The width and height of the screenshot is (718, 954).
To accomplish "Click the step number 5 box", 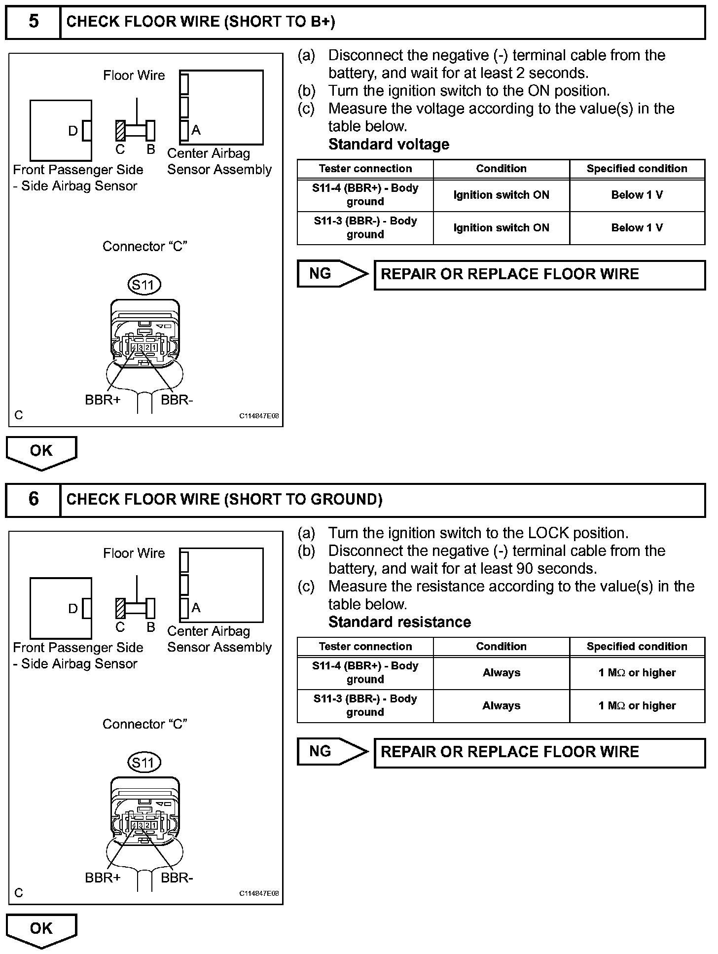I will [33, 22].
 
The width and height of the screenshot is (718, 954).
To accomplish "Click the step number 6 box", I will [33, 500].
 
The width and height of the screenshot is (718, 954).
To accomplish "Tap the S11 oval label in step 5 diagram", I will [144, 285].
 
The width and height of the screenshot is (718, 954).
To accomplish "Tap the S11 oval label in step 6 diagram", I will [144, 763].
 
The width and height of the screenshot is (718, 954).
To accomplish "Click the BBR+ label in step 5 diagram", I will [103, 400].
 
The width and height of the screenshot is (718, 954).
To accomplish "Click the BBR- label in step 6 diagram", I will [177, 878].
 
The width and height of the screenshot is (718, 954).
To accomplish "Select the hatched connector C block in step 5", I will [120, 131].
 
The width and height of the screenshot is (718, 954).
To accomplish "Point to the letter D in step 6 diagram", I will [73, 609].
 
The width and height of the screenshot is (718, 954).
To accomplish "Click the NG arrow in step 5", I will [332, 274].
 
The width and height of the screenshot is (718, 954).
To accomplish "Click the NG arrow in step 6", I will [332, 752].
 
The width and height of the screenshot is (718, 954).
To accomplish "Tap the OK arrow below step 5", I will [41, 452].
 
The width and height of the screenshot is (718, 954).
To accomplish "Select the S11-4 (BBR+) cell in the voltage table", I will [365, 195].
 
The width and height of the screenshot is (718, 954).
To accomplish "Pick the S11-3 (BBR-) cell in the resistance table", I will [365, 705].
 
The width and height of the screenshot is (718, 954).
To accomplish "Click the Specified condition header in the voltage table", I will [637, 169].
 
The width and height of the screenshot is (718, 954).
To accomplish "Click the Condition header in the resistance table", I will [501, 647].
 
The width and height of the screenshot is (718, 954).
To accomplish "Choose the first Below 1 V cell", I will [637, 195].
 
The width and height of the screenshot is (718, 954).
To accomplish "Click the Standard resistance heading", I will [399, 622].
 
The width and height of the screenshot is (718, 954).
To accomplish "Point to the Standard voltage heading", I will [389, 145].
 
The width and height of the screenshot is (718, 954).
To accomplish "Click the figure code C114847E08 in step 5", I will [259, 416].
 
